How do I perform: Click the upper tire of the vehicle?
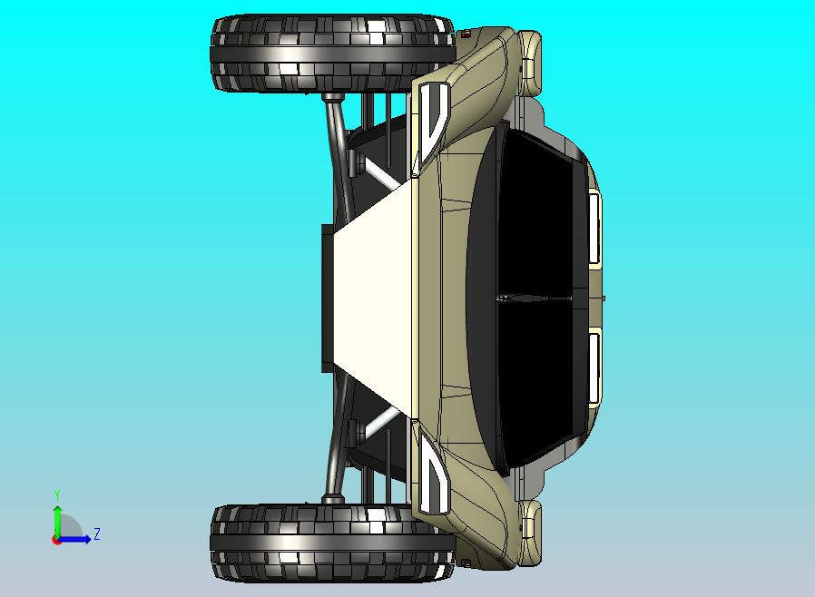pyautogui.click(x=333, y=54)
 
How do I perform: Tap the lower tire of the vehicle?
pyautogui.click(x=333, y=543)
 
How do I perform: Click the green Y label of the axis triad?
pyautogui.click(x=57, y=494)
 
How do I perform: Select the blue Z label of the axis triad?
pyautogui.click(x=97, y=533)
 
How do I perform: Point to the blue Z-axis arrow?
pyautogui.click(x=74, y=539)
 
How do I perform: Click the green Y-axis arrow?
pyautogui.click(x=57, y=523)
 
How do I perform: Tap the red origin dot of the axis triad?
pyautogui.click(x=55, y=541)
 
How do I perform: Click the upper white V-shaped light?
pyautogui.click(x=434, y=122)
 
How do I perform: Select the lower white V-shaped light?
pyautogui.click(x=434, y=475)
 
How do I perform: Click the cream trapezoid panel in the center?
pyautogui.click(x=373, y=298)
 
